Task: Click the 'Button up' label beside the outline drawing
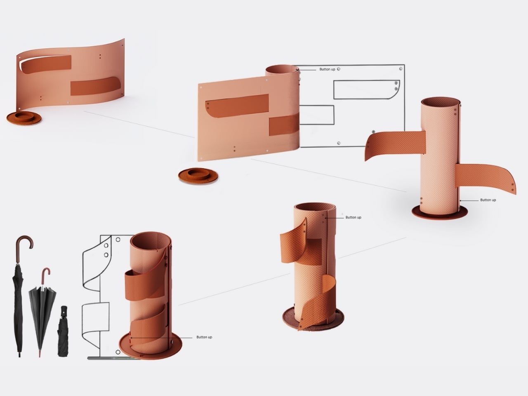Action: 327,69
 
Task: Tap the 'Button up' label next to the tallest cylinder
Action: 488,200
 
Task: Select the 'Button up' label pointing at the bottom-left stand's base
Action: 204,337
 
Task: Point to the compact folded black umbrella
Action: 63,331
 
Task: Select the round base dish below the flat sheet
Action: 198,176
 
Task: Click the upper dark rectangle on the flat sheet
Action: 237,106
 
